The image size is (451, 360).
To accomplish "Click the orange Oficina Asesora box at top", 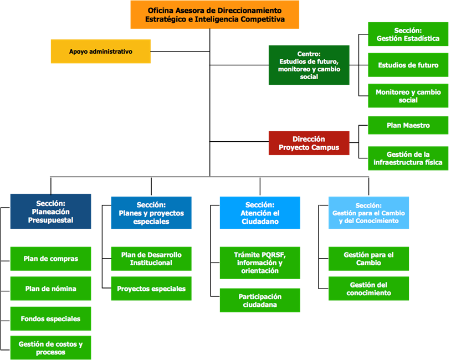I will point(215,14).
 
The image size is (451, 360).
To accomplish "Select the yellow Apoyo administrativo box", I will point(101,52).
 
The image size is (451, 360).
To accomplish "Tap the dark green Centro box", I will point(309,65).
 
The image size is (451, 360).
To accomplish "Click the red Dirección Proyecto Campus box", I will point(309,143).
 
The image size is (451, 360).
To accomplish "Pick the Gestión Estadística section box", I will point(408,34).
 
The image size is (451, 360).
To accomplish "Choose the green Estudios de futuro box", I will point(408,65).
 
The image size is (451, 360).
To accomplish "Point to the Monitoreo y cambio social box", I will point(408,96).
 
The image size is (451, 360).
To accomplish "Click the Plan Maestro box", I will point(408,126).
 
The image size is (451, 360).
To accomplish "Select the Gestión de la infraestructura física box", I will point(408,158).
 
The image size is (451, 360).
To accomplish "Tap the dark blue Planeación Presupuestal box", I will point(50,212).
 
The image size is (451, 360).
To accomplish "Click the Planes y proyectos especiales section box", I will point(151,213).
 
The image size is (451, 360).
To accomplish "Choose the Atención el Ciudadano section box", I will point(260,213).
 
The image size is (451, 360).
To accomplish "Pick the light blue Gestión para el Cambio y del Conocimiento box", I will point(368,213).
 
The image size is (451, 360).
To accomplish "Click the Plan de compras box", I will point(50,259).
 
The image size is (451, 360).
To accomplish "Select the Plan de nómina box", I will point(50,289).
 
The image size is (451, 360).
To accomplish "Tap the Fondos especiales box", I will point(50,319).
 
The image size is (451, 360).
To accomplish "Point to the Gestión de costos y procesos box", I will point(50,348).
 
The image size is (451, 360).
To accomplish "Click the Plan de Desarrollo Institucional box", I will point(151,259).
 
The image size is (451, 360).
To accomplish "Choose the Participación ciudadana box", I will point(260,300).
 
